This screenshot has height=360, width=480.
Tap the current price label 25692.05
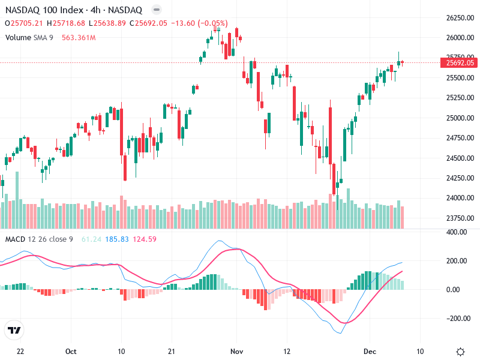tap(460, 62)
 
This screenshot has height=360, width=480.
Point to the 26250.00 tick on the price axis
tap(460, 18)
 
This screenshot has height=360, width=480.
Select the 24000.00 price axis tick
tap(460, 198)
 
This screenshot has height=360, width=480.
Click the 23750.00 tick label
tap(460, 218)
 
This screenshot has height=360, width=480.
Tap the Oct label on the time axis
tap(71, 351)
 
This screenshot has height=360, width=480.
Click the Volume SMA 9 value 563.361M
tap(79, 37)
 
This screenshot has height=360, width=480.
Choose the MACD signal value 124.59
tap(145, 239)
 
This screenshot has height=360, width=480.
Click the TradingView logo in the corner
tap(14, 330)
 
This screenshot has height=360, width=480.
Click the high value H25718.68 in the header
tap(68, 23)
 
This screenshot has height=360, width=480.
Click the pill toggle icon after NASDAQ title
tap(156, 10)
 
